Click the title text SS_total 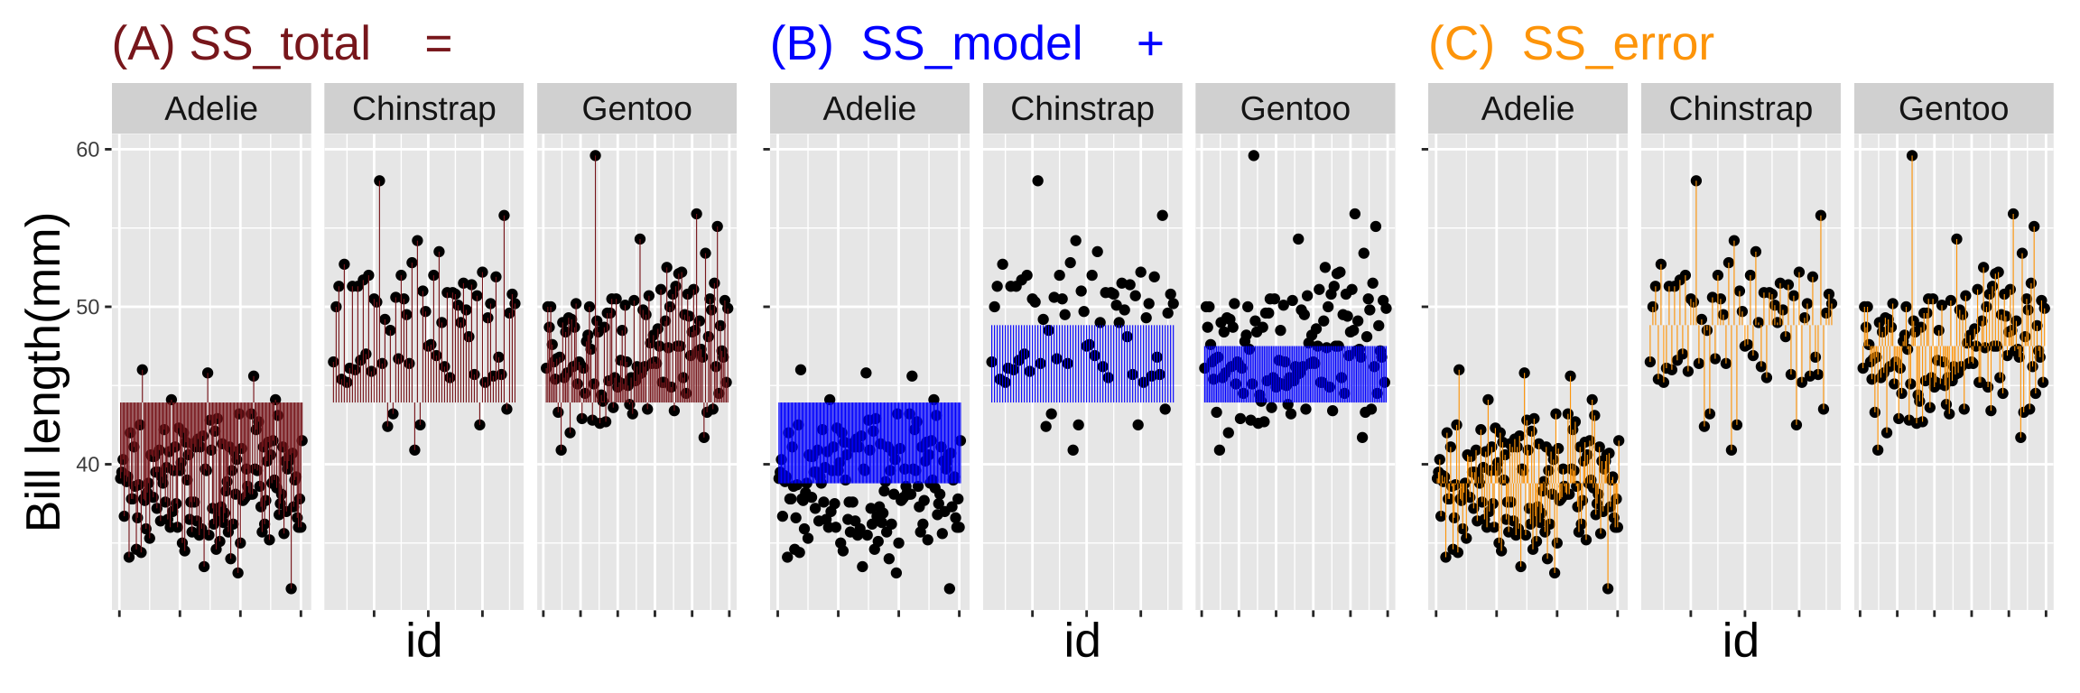pyautogui.click(x=280, y=44)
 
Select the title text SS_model pyautogui.click(x=971, y=44)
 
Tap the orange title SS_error pyautogui.click(x=1617, y=44)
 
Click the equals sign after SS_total pyautogui.click(x=439, y=44)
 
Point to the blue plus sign pyautogui.click(x=1150, y=44)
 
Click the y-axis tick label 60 pyautogui.click(x=88, y=150)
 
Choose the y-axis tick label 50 pyautogui.click(x=88, y=308)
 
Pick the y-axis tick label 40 pyautogui.click(x=88, y=465)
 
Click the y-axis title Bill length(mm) pyautogui.click(x=43, y=372)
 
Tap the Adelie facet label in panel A pyautogui.click(x=211, y=109)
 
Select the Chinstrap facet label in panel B pyautogui.click(x=1082, y=109)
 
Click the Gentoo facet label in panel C pyautogui.click(x=1953, y=109)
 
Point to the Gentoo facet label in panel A pyautogui.click(x=636, y=109)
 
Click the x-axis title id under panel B pyautogui.click(x=1082, y=642)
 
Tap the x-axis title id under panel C pyautogui.click(x=1740, y=642)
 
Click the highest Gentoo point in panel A pyautogui.click(x=595, y=156)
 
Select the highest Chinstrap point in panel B pyautogui.click(x=1037, y=181)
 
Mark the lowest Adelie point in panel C pyautogui.click(x=1607, y=589)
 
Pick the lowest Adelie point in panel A pyautogui.click(x=291, y=589)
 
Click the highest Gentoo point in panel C pyautogui.click(x=1911, y=156)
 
